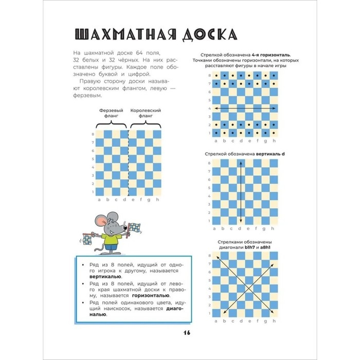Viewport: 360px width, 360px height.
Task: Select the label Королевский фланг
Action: (146, 113)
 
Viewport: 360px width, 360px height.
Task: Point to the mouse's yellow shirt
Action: (109, 238)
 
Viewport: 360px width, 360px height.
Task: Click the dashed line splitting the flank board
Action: (127, 165)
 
